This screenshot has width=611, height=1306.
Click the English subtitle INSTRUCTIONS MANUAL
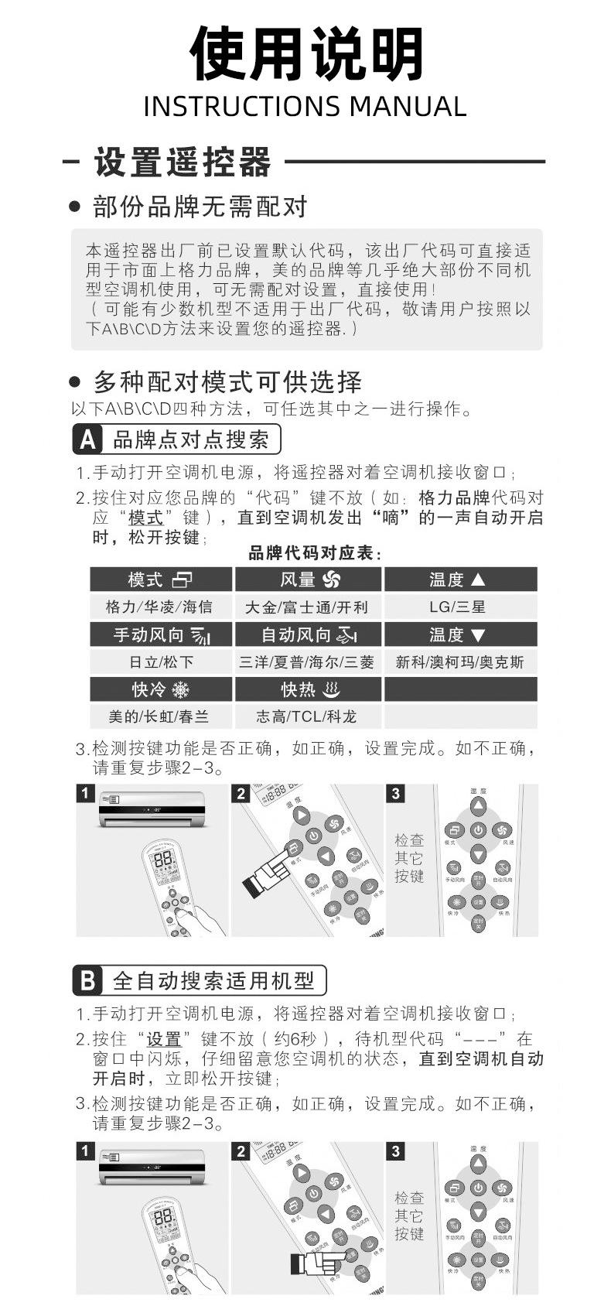[x=305, y=107]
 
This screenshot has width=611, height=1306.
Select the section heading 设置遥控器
[x=183, y=162]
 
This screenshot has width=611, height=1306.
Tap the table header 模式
[x=160, y=579]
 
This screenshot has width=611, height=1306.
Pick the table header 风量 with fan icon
[x=308, y=579]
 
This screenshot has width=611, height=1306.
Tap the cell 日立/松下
[x=160, y=662]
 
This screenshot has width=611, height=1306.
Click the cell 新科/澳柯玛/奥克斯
[x=459, y=662]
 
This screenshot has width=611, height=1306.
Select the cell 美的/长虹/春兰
[x=160, y=716]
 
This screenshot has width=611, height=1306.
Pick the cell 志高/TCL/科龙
[x=307, y=716]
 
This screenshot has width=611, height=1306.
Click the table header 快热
[x=308, y=689]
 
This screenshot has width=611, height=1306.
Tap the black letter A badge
[x=88, y=440]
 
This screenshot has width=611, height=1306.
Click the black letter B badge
[x=88, y=981]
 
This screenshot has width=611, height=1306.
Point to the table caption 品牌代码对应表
[x=316, y=553]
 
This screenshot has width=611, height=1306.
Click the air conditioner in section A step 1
[x=152, y=809]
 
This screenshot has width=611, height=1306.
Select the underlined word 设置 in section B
[x=163, y=1039]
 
